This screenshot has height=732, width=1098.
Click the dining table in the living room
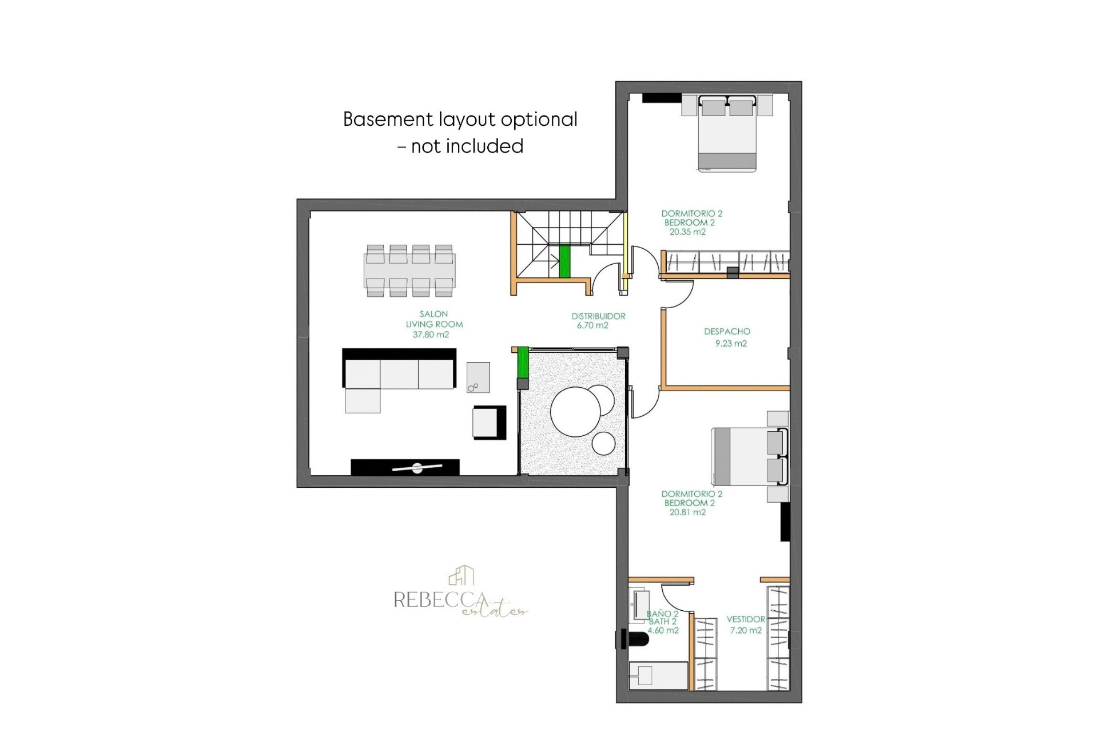tap(409, 270)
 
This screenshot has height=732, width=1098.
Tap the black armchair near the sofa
tap(490, 423)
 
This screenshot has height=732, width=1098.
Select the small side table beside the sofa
tap(478, 377)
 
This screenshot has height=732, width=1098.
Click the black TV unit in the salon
tap(405, 467)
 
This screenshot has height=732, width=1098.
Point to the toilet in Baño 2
tap(634, 639)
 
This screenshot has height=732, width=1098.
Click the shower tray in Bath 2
tap(658, 676)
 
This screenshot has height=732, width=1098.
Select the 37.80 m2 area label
tap(431, 335)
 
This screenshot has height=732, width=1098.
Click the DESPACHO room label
tap(727, 331)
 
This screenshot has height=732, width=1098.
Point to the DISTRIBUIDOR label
tap(598, 316)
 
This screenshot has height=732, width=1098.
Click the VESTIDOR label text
tap(746, 619)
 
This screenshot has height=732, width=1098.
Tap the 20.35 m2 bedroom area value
tap(687, 232)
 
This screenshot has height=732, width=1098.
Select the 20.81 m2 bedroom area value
tap(687, 512)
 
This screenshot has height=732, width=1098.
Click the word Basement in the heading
tap(388, 119)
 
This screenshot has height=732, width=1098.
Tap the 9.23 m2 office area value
tap(731, 343)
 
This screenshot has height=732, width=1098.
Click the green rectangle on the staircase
tap(564, 261)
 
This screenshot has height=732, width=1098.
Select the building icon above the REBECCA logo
tap(462, 575)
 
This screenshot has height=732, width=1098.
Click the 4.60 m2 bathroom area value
tap(663, 630)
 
